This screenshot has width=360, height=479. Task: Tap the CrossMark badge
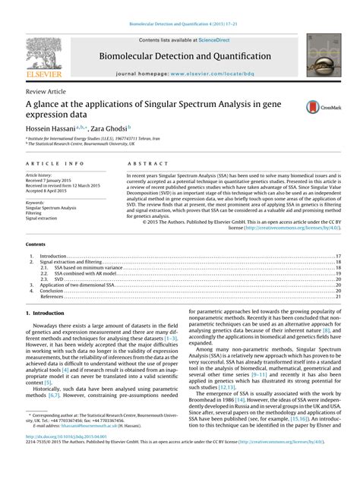pyautogui.click(x=319, y=109)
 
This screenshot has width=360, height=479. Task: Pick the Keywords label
pyautogui.click(x=39, y=203)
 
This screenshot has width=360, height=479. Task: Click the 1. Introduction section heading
pyautogui.click(x=45, y=312)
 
